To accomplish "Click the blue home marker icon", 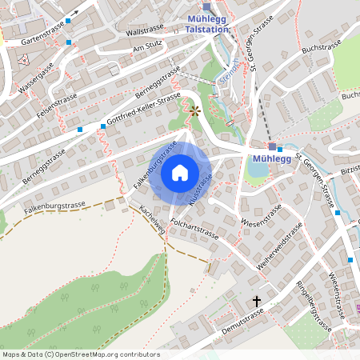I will [x=179, y=173].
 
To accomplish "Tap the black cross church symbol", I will [x=257, y=302].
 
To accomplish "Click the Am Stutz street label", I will [x=148, y=48].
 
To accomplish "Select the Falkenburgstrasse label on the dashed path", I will [x=54, y=207].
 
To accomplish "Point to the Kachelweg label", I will [x=151, y=218].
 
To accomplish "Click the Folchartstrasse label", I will [x=194, y=231].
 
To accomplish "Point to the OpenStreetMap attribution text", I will [x=80, y=354].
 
